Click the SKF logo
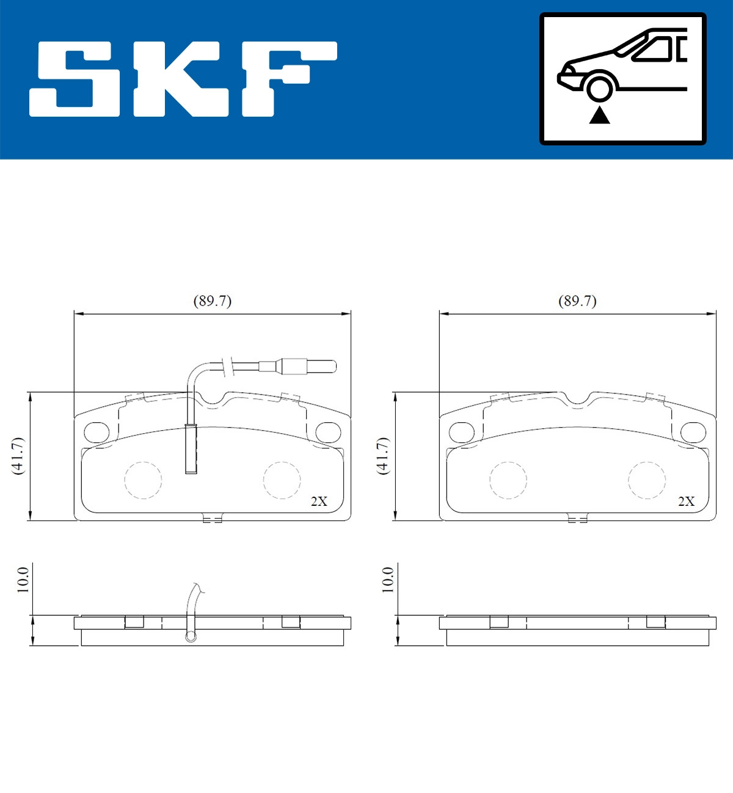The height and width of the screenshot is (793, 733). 183,79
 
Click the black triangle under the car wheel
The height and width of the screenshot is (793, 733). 599,115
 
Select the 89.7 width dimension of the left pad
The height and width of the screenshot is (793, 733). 212,301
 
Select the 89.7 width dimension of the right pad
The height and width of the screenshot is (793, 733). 577,301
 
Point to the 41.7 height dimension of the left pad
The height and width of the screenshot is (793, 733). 18,456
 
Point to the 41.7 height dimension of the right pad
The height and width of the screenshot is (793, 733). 383,456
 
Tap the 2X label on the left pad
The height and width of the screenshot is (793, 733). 319,501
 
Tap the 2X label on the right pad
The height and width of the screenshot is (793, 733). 686,501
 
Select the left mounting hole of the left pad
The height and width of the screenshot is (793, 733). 95,433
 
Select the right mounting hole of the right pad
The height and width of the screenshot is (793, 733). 693,433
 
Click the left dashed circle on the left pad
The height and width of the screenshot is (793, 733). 143,480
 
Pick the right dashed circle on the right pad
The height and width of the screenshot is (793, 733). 646,480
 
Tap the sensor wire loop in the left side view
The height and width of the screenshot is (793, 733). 191,637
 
